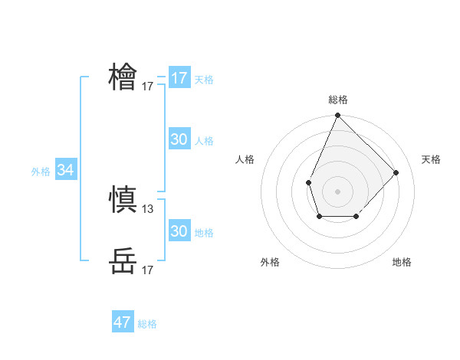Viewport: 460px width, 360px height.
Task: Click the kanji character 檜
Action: [123, 77]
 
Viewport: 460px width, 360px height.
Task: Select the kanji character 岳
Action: [123, 260]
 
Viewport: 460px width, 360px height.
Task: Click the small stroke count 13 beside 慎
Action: [148, 208]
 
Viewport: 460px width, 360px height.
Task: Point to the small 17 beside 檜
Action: [148, 87]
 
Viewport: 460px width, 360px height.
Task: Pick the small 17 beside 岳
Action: [148, 270]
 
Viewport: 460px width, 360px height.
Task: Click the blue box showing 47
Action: [123, 322]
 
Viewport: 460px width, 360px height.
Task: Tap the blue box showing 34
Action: [66, 170]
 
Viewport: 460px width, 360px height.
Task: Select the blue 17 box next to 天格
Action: [179, 78]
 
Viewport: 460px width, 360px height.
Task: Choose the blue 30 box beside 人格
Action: [179, 139]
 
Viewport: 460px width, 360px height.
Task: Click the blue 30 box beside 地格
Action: [179, 231]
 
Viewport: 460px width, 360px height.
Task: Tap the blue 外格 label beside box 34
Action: [41, 172]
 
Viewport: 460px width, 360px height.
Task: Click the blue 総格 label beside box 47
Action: [147, 324]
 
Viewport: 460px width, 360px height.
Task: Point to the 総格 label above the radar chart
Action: [338, 100]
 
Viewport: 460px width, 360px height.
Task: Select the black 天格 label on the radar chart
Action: [431, 159]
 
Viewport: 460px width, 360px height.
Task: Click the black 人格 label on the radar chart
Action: [245, 159]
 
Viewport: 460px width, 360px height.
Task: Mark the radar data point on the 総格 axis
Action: [338, 116]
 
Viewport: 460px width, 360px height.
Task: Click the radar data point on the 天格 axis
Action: [396, 172]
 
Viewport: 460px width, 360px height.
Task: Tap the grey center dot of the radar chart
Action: [338, 191]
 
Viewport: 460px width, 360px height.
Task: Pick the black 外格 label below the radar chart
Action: [270, 262]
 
